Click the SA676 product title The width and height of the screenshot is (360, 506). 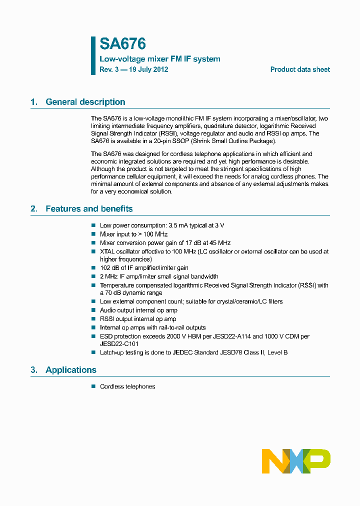(x=122, y=44)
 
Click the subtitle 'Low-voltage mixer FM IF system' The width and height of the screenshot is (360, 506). (x=159, y=59)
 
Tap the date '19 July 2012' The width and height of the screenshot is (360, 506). (x=148, y=69)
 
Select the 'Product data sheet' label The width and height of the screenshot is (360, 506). (x=300, y=69)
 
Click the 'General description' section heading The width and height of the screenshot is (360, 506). (x=85, y=102)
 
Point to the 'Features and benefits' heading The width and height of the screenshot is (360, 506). (x=89, y=209)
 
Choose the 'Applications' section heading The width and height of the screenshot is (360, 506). (x=70, y=370)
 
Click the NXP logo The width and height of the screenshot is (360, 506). (x=296, y=461)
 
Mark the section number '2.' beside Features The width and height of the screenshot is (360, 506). (x=34, y=209)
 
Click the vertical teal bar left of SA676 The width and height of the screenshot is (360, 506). (x=93, y=55)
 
